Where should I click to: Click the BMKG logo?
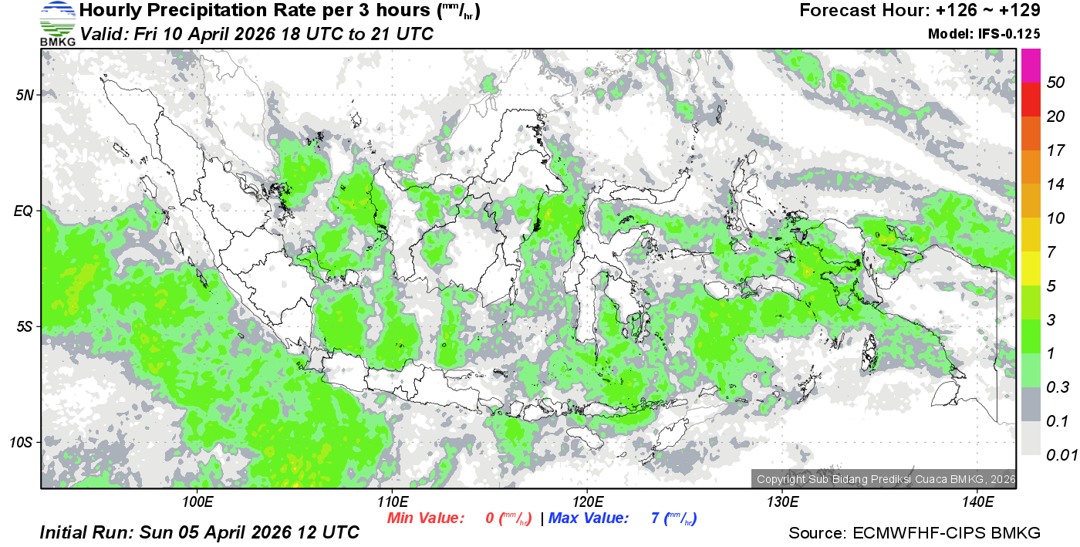pyautogui.click(x=57, y=23)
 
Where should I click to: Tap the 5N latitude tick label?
pyautogui.click(x=25, y=95)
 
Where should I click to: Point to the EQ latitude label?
pyautogui.click(x=24, y=210)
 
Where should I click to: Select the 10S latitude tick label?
pyautogui.click(x=22, y=443)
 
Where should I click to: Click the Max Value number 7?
pyautogui.click(x=655, y=518)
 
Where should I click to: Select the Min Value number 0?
pyautogui.click(x=490, y=518)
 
